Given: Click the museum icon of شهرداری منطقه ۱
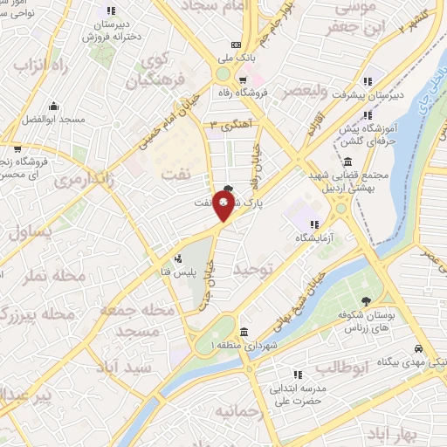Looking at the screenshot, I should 242,332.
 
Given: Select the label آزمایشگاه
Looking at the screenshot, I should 315,237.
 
